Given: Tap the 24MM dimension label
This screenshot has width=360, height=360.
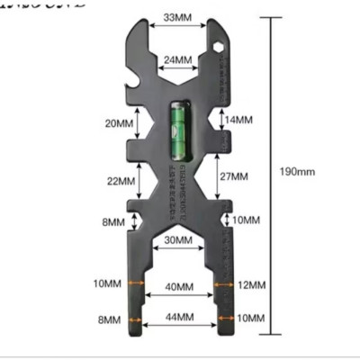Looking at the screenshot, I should point(176,59).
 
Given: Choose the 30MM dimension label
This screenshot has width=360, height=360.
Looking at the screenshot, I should point(177,240).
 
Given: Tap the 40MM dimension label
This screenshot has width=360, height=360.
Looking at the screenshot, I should point(177,287).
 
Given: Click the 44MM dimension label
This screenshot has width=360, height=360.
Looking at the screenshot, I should point(177,318).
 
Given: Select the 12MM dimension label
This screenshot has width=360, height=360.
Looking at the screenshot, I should point(252,284).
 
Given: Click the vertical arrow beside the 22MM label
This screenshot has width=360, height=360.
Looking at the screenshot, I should point(140,180).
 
